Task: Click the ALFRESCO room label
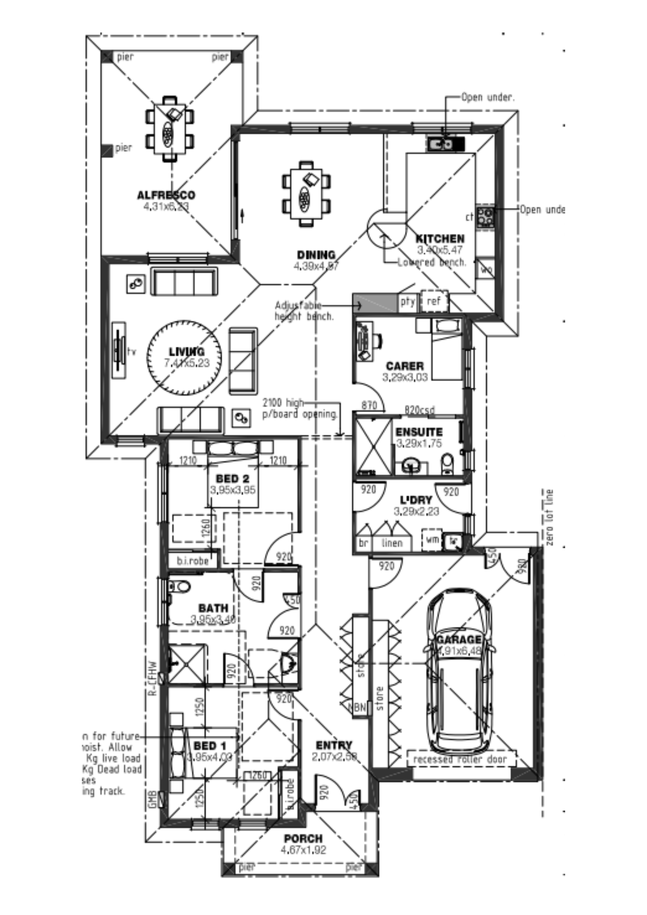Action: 166,195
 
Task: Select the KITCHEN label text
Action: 440,239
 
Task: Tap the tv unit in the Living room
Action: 119,350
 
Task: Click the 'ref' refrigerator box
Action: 433,301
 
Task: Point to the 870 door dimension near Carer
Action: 369,405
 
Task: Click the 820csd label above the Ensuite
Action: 419,410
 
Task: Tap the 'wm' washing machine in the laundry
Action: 431,540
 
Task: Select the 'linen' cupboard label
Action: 392,543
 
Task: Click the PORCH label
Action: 303,839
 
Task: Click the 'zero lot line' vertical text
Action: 550,517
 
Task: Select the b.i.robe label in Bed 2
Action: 193,561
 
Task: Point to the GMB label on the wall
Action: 153,799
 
